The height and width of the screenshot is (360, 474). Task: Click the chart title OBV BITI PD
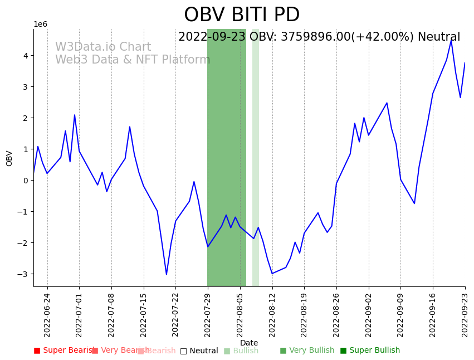coord(242,15)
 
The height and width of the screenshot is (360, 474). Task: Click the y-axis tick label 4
coord(25,56)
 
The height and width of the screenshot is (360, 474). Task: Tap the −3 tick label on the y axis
coord(23,274)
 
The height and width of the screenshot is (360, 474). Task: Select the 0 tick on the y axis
coord(25,181)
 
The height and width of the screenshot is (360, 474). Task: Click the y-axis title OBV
coord(9,158)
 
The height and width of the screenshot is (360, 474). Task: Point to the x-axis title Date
coord(249,343)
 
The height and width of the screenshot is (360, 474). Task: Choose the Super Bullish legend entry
coord(370,351)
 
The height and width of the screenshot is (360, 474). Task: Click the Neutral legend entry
coord(199,351)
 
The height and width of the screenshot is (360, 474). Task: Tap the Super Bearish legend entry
coord(63,351)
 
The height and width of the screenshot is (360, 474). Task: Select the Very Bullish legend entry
coord(307,351)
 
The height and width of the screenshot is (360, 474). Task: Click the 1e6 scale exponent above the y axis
coord(41,24)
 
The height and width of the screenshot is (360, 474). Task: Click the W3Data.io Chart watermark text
coord(103,47)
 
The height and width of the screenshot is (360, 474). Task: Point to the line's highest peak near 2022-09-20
coord(451,40)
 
